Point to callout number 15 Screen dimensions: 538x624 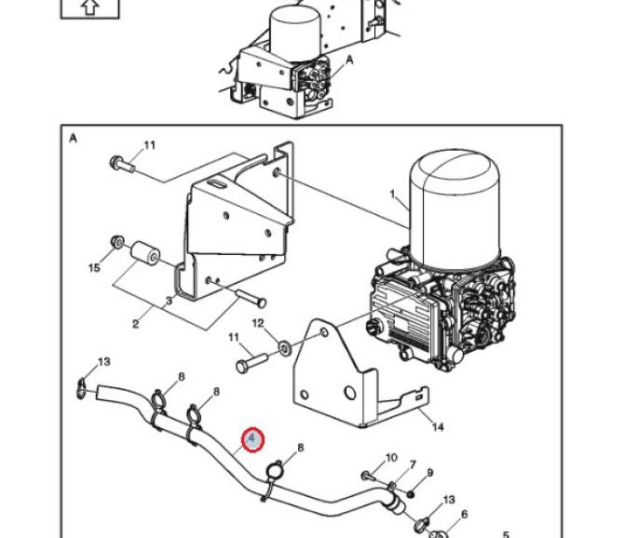click(x=94, y=268)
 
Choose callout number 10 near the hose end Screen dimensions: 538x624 click(x=391, y=458)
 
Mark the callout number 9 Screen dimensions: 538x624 click(x=429, y=473)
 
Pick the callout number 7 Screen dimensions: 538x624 click(x=412, y=464)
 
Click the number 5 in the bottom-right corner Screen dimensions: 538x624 click(x=507, y=533)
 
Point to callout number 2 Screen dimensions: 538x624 click(x=136, y=324)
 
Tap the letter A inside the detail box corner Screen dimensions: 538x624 click(x=73, y=138)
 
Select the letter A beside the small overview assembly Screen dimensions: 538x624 click(x=350, y=59)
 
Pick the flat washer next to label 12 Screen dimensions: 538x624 click(x=281, y=350)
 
